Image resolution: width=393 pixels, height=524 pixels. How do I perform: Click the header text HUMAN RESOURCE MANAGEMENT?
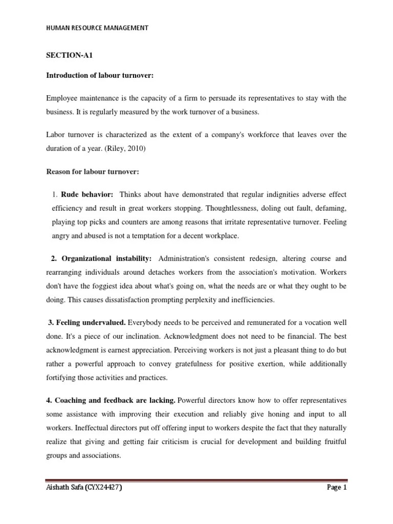(97, 28)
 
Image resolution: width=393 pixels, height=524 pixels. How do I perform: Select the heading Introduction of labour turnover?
(93, 76)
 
